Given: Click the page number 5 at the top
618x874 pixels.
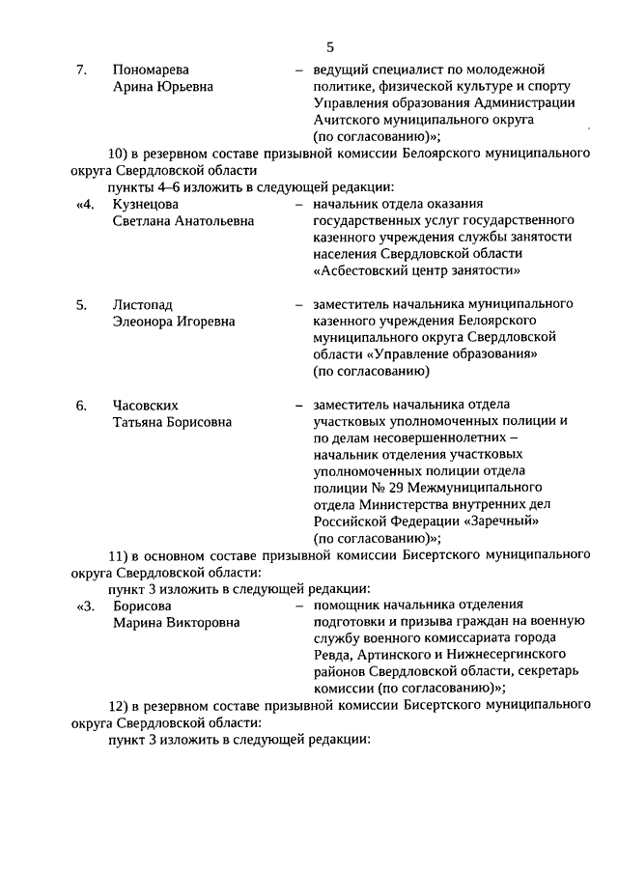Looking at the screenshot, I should [x=330, y=46].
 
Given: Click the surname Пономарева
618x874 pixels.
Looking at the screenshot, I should [x=151, y=70].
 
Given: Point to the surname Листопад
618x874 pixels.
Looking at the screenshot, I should [x=143, y=304].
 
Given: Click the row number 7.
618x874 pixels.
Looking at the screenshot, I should [x=82, y=70].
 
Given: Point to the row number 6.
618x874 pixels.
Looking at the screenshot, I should [x=82, y=405].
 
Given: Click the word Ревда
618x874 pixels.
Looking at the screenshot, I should [x=330, y=656].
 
